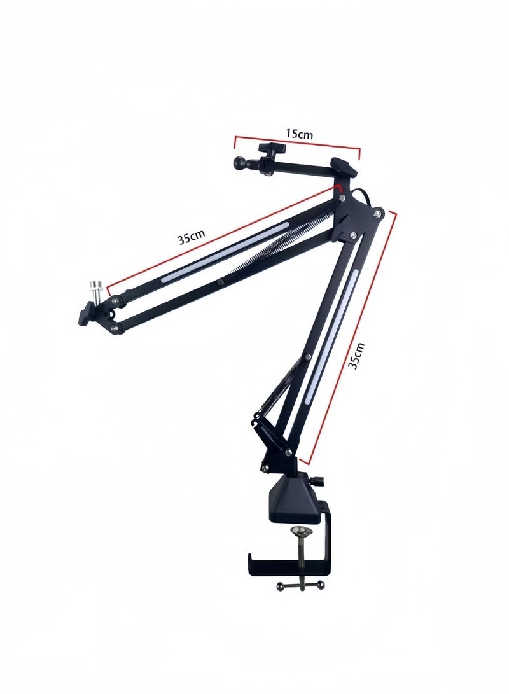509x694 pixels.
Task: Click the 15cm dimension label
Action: pyautogui.click(x=298, y=135)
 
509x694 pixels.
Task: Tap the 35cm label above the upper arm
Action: pyautogui.click(x=191, y=239)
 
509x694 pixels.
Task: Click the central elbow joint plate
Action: pyautogui.click(x=355, y=216)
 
